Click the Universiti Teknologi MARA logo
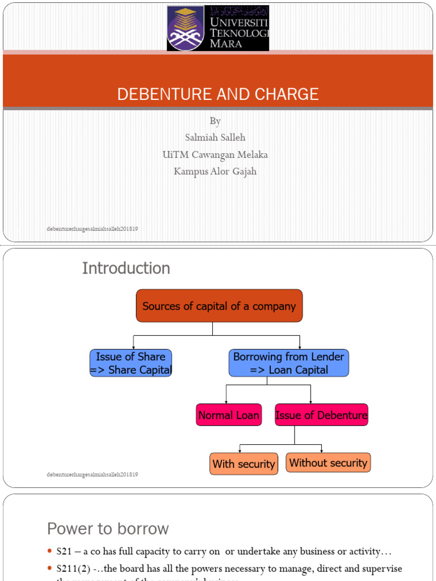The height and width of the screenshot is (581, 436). tap(218, 28)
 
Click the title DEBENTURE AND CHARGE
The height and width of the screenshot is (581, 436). tap(218, 94)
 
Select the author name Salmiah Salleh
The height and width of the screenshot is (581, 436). tap(215, 137)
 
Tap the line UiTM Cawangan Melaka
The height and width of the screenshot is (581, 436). tap(215, 154)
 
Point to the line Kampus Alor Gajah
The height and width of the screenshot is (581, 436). tap(215, 171)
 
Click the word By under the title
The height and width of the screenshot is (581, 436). tap(215, 121)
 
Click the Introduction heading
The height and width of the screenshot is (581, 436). tap(126, 268)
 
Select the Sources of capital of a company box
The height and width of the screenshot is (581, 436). tap(219, 306)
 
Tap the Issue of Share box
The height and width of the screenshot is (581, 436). tap(131, 363)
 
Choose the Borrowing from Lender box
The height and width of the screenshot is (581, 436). tap(288, 363)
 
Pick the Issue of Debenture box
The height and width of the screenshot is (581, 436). tap(321, 415)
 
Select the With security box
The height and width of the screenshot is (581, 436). tap(244, 464)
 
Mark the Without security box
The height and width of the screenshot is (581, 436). tap(328, 463)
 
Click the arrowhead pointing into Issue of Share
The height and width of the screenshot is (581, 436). tap(133, 347)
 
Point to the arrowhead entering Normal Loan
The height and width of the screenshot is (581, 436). tap(227, 401)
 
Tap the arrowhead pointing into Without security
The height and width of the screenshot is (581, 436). tap(322, 451)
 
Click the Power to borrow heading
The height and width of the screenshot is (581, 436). tap(108, 529)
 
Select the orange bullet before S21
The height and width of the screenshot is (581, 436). tap(49, 551)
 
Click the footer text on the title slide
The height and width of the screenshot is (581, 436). tap(93, 229)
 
